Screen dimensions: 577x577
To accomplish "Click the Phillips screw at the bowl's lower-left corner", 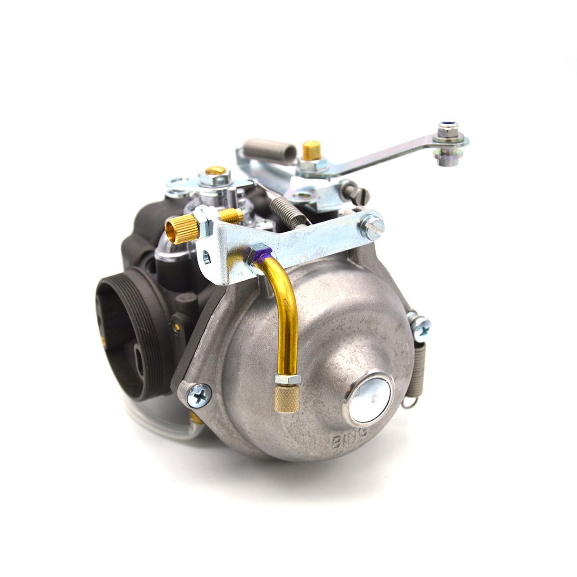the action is [199, 395].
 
